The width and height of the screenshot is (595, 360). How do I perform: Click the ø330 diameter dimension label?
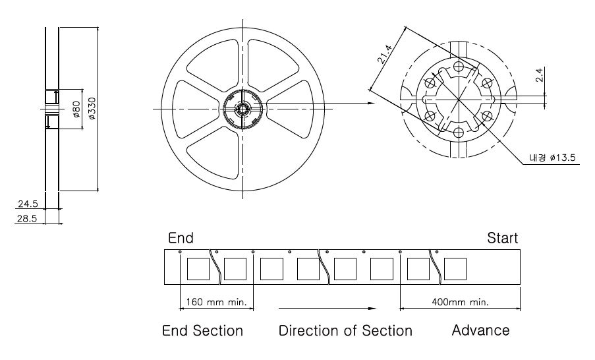(92, 109)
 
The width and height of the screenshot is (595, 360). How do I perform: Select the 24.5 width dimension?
(28, 204)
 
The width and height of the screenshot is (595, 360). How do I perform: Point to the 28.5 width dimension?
(28, 218)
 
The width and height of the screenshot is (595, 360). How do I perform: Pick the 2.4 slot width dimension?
(540, 75)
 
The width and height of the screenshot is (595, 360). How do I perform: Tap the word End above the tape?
(181, 237)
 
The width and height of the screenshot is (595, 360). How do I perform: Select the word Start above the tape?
(502, 237)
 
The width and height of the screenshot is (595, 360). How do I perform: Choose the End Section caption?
(203, 330)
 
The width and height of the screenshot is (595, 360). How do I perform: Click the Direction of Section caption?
(345, 330)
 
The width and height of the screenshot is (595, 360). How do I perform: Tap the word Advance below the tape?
(480, 330)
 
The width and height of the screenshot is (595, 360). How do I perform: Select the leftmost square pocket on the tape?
(198, 269)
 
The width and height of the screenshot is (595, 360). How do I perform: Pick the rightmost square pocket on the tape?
(455, 269)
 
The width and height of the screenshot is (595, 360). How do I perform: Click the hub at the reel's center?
(243, 107)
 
